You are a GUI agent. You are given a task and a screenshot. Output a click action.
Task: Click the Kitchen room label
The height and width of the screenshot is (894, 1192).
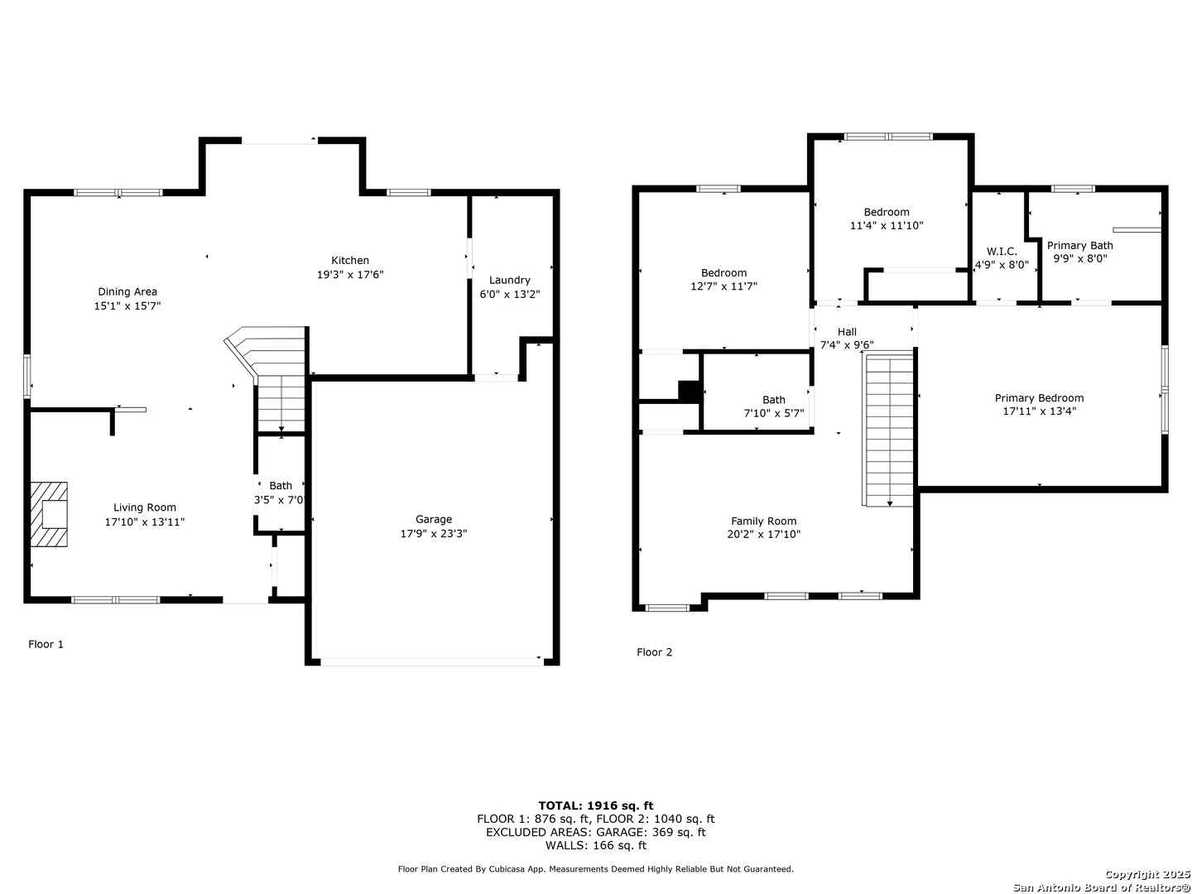click(349, 261)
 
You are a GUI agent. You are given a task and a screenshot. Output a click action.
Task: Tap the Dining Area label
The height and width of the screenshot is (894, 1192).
click(127, 292)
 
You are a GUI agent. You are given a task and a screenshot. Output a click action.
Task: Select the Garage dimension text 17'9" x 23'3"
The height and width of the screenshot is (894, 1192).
click(434, 534)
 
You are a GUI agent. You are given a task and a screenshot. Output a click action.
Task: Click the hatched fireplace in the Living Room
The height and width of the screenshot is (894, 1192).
click(49, 513)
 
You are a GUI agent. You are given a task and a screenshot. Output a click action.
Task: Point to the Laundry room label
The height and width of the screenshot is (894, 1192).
click(509, 280)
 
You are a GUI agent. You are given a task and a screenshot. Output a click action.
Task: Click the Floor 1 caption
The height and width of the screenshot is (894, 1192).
click(46, 644)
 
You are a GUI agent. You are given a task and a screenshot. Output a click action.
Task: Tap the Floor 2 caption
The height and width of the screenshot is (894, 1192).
click(654, 652)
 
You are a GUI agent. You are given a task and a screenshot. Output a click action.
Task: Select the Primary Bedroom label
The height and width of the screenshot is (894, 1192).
click(1038, 398)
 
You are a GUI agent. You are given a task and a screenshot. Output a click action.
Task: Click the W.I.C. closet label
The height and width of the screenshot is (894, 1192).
click(1002, 252)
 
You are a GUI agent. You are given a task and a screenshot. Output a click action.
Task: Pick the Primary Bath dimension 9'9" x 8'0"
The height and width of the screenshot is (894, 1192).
click(1079, 259)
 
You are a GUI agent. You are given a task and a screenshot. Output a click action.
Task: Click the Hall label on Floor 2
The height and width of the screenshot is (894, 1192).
click(847, 332)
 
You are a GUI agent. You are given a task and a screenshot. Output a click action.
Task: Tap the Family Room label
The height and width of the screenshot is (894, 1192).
click(763, 521)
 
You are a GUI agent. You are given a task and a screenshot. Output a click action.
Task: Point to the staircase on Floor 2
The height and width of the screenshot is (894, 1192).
click(888, 430)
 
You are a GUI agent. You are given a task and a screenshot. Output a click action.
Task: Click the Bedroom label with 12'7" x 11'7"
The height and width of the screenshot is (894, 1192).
click(723, 273)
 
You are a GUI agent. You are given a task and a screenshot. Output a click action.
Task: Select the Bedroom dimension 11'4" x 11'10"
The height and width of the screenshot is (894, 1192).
click(886, 225)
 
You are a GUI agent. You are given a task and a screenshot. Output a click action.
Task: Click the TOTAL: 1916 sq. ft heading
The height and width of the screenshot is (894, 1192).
click(595, 805)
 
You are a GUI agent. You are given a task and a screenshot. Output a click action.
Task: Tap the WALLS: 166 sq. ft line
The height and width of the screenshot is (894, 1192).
click(595, 845)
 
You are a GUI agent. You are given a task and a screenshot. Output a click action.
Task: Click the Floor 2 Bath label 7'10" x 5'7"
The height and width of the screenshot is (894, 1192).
click(773, 400)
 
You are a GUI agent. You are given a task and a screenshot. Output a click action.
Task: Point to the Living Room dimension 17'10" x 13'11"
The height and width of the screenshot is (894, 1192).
click(145, 522)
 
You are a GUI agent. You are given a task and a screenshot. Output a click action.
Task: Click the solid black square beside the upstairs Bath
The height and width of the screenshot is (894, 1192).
click(689, 392)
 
